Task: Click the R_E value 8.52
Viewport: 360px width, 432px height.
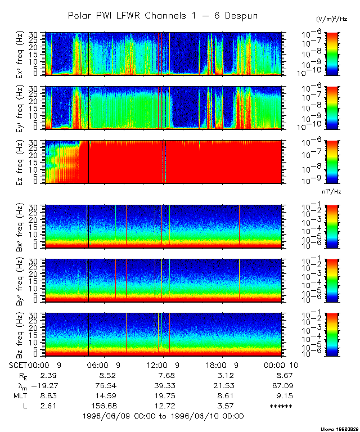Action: coord(107,375)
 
